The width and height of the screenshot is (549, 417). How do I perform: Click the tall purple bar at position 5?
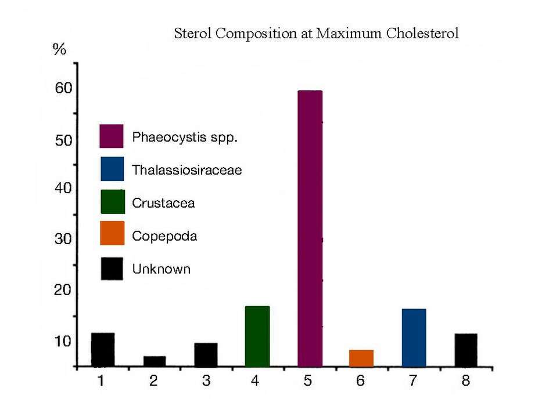coord(310,229)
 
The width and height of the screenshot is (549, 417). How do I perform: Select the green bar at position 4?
coord(257,336)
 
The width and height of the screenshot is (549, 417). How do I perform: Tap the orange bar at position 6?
coord(361,358)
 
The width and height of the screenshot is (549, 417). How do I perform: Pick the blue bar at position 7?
coord(414,338)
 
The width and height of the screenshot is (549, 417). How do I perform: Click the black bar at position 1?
coord(103,350)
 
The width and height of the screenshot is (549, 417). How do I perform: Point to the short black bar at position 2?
coord(155,361)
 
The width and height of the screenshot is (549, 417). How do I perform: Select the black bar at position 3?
coord(206,355)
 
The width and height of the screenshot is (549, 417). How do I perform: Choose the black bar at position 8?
coord(466,350)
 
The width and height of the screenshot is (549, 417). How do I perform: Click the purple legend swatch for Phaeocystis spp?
coord(111,136)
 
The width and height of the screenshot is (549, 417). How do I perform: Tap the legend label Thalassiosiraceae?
coord(186,171)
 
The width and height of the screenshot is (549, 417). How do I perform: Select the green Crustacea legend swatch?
coord(112,202)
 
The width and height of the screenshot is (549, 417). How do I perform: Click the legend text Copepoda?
coord(164,236)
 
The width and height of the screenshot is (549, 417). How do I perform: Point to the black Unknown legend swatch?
coord(112,269)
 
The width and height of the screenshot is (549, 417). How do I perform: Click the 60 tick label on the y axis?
coord(63,89)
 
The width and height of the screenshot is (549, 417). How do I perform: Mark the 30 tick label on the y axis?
coord(63,239)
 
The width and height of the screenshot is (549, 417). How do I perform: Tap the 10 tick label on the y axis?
coord(63,340)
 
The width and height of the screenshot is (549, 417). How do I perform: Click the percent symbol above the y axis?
coord(59,49)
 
